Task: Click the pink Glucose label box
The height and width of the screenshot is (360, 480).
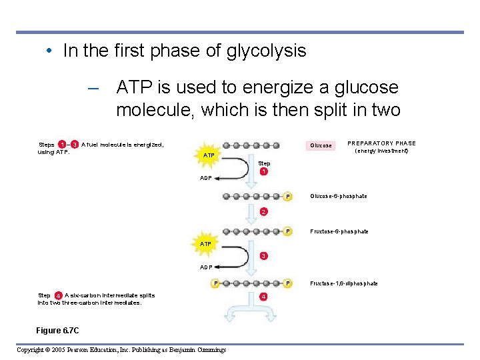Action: (x=321, y=145)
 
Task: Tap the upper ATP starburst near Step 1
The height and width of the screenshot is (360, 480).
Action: (x=209, y=155)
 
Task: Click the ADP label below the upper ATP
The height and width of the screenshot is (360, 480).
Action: (x=207, y=178)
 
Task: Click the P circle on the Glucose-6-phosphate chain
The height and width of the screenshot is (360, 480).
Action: (x=287, y=196)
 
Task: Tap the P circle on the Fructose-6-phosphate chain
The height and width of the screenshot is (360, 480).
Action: (x=287, y=231)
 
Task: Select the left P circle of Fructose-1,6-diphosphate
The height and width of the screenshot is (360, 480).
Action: (x=216, y=283)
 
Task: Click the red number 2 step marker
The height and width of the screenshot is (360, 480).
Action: (x=264, y=213)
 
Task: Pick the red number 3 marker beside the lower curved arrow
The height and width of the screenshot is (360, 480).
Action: (x=264, y=256)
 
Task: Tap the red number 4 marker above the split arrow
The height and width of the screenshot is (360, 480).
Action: (x=264, y=296)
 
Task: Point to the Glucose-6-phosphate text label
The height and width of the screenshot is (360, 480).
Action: (x=339, y=197)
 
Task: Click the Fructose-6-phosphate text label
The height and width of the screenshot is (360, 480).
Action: (x=339, y=232)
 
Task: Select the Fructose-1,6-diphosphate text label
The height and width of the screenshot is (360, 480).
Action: (x=344, y=284)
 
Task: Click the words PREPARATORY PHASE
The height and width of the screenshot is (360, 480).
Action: (x=382, y=143)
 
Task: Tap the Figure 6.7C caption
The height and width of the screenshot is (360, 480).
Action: (x=58, y=329)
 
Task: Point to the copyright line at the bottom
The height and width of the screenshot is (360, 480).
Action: (x=121, y=350)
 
